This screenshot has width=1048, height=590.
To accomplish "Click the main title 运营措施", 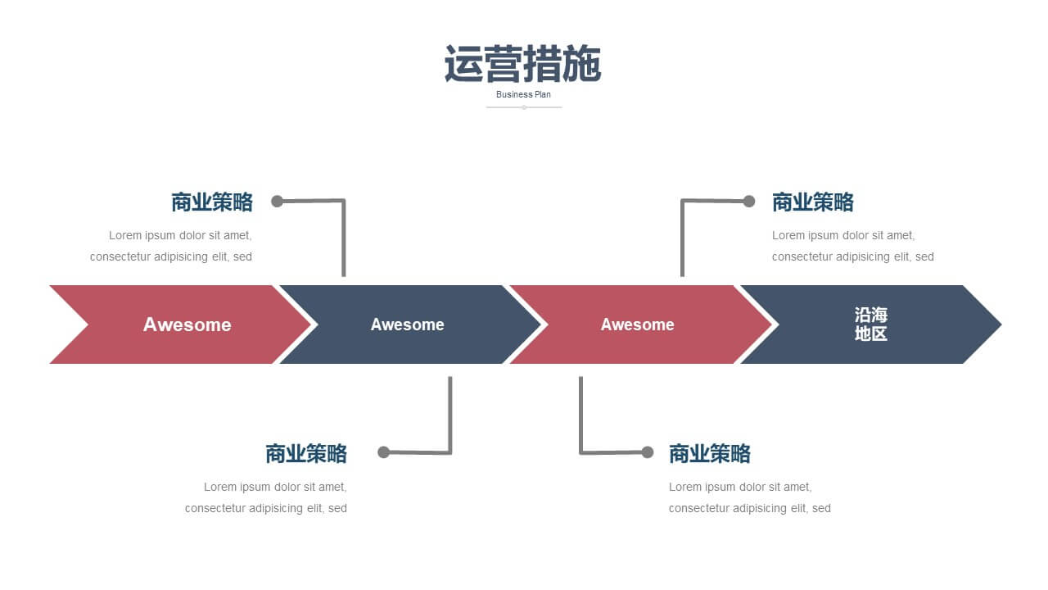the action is pyautogui.click(x=522, y=64).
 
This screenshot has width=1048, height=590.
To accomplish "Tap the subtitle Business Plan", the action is pyautogui.click(x=523, y=94).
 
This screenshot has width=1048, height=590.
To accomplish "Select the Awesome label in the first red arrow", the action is pyautogui.click(x=187, y=324).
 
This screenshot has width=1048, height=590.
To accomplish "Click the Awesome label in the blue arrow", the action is pyautogui.click(x=407, y=324).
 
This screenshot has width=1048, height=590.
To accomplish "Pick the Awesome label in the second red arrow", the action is pyautogui.click(x=637, y=324).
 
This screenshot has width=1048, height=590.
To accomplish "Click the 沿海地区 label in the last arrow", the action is pyautogui.click(x=870, y=324).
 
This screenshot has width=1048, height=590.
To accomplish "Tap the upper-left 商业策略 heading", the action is pyautogui.click(x=212, y=202).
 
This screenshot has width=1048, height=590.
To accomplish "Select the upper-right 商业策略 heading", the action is pyautogui.click(x=813, y=202).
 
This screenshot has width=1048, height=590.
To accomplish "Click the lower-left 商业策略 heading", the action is pyautogui.click(x=306, y=454).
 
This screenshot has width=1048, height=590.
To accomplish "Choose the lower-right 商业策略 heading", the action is pyautogui.click(x=710, y=454).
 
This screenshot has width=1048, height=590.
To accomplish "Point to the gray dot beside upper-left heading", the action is pyautogui.click(x=277, y=202).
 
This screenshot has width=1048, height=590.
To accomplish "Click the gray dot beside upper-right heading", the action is pyautogui.click(x=749, y=202).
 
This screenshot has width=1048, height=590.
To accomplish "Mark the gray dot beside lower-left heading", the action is pyautogui.click(x=384, y=452).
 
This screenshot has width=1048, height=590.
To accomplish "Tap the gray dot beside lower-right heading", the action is pyautogui.click(x=648, y=452).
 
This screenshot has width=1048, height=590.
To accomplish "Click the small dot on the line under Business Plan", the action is pyautogui.click(x=524, y=107).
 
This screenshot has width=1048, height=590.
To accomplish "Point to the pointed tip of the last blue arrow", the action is pyautogui.click(x=1001, y=324).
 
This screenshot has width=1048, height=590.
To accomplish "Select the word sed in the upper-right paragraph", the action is pyautogui.click(x=924, y=256).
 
